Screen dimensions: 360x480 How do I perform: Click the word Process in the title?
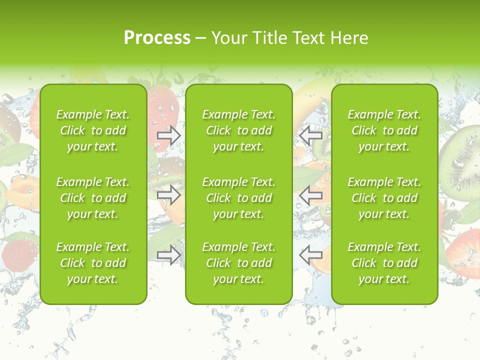click(157, 38)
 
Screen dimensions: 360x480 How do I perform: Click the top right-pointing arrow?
click(169, 135)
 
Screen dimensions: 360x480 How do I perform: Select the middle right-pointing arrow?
click(169, 194)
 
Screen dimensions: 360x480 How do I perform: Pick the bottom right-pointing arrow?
click(169, 255)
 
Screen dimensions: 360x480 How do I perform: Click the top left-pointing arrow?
click(311, 135)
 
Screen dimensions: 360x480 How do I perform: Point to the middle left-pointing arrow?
click(311, 194)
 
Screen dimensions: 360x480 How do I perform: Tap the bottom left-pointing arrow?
click(311, 255)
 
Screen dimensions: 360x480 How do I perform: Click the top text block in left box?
click(93, 130)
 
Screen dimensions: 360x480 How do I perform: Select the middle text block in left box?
click(93, 198)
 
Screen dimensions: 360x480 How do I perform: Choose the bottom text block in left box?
click(93, 263)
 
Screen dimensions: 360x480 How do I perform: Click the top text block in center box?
click(239, 130)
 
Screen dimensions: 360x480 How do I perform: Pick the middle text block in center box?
click(239, 198)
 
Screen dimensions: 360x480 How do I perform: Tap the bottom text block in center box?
click(239, 263)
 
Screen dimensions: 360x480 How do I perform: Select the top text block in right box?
click(384, 130)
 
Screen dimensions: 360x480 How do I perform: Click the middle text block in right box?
click(384, 198)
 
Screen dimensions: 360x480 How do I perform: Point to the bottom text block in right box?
click(384, 263)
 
